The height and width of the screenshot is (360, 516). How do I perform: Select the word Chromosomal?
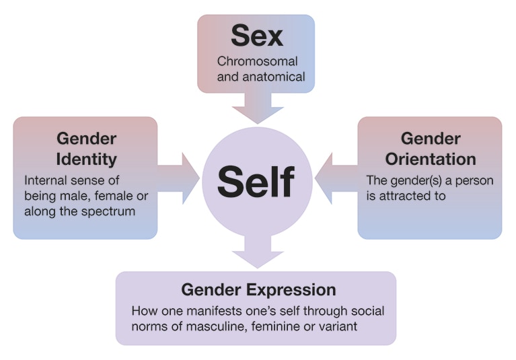[257, 61]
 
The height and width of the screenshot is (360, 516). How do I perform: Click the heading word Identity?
[87, 159]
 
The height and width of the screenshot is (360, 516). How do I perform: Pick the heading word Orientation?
[431, 159]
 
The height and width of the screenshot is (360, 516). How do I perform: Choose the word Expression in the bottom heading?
[293, 290]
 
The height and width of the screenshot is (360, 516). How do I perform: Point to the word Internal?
[46, 180]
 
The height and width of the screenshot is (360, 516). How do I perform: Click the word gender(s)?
[415, 180]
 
